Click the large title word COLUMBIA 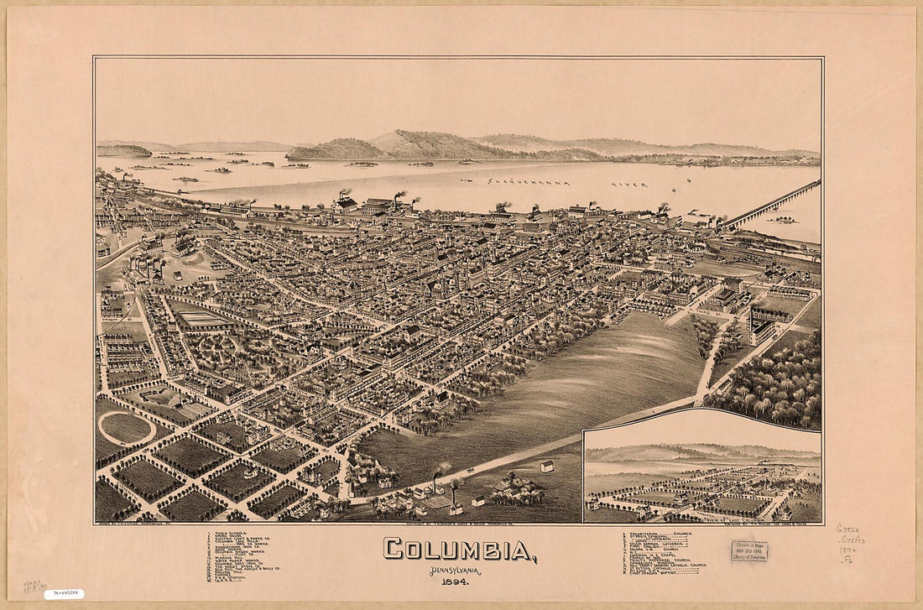(x=461, y=550)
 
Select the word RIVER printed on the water (x=629, y=183)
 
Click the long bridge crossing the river (x=772, y=204)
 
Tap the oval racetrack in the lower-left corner (x=126, y=428)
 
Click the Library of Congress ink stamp (x=748, y=551)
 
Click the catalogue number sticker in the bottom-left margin (x=64, y=594)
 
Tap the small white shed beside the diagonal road (x=547, y=466)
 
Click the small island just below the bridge (x=784, y=220)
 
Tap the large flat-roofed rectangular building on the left (x=201, y=320)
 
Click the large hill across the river (x=420, y=144)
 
